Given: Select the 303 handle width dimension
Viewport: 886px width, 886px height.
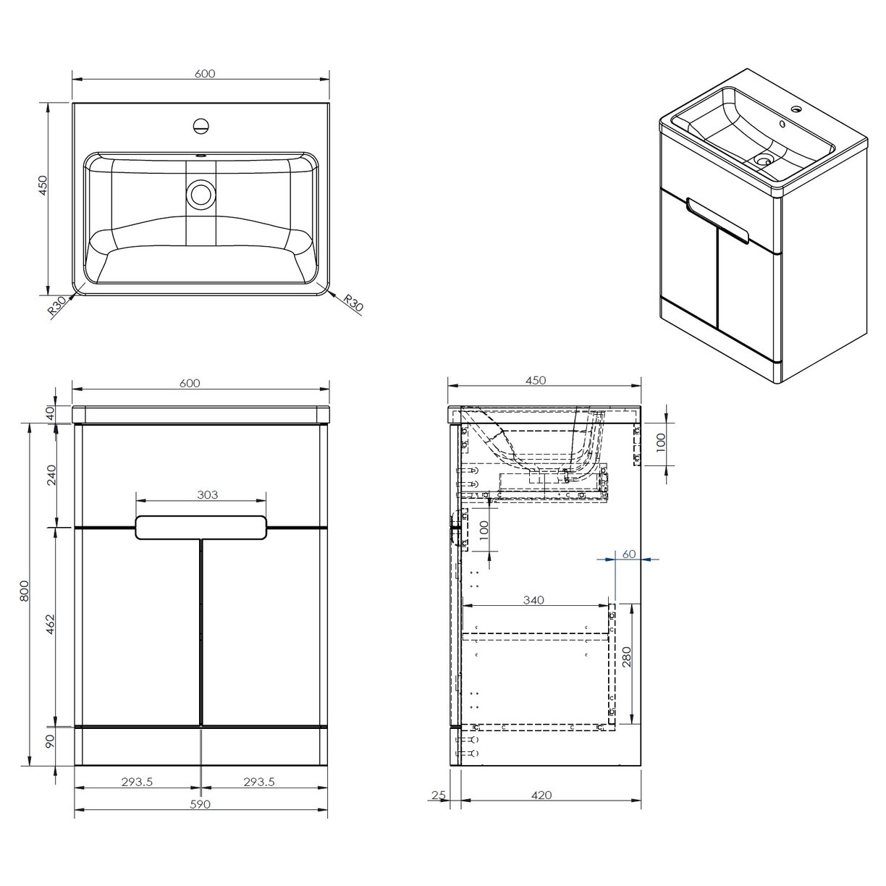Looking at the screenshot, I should (x=207, y=495).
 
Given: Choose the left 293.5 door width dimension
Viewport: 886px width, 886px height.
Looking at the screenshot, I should (x=137, y=781).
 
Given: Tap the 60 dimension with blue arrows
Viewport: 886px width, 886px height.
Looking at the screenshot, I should (x=628, y=554).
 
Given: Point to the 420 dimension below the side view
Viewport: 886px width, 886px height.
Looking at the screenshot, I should (x=541, y=795).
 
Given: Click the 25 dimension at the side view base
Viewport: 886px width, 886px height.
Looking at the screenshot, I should (x=437, y=795).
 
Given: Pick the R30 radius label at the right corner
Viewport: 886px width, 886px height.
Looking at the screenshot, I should (x=353, y=303).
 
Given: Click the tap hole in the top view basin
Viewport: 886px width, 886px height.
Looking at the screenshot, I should (x=201, y=126).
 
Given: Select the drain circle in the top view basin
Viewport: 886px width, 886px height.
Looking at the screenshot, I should (x=201, y=193).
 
